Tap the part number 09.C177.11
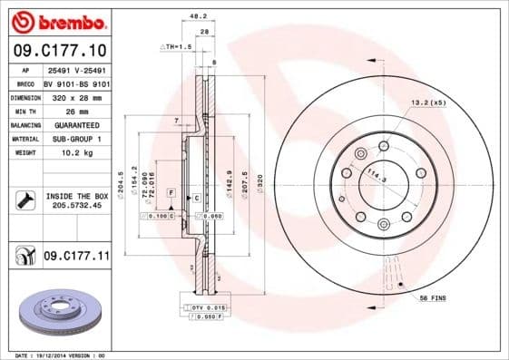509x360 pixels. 75,258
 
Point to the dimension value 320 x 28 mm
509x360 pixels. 75,95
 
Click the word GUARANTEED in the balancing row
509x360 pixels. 75,124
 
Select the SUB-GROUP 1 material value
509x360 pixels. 75,139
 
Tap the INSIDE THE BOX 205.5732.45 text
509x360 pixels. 75,201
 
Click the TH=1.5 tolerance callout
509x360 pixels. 177,45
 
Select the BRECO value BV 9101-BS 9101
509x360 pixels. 75,82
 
